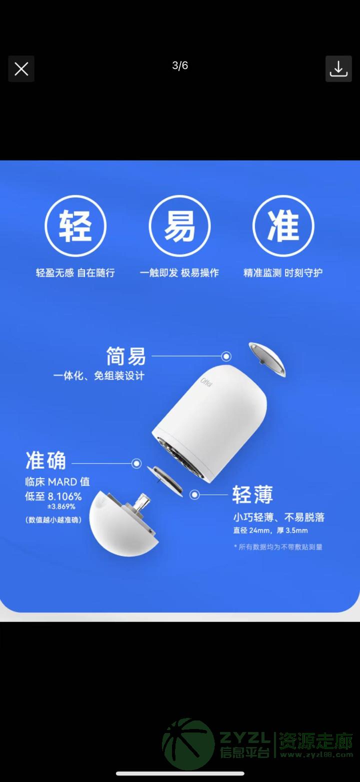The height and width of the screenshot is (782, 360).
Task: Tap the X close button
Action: coord(21,69)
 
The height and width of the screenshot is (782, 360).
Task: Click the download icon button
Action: coord(338,69)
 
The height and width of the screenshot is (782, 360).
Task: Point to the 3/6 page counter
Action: coord(180,65)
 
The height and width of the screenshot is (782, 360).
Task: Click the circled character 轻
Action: coord(75,226)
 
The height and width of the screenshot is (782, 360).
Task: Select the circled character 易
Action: coord(179,226)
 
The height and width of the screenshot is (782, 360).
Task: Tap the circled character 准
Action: coord(283,226)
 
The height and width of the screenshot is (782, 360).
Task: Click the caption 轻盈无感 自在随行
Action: coord(75,272)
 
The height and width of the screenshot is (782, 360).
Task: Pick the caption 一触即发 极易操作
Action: coord(179,272)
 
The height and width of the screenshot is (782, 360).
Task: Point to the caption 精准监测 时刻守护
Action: coord(283,272)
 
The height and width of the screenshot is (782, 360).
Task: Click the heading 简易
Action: coord(125,356)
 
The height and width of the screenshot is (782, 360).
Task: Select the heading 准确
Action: coord(45,460)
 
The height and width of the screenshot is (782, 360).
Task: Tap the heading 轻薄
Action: coord(252,494)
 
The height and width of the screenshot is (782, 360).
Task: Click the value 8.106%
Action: coord(64,496)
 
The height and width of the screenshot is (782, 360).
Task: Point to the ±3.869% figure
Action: coord(61,506)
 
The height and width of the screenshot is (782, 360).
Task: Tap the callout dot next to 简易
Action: coord(226,356)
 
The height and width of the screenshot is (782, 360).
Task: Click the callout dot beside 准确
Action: coord(136,463)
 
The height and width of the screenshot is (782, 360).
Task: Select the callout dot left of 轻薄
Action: coord(195,494)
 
